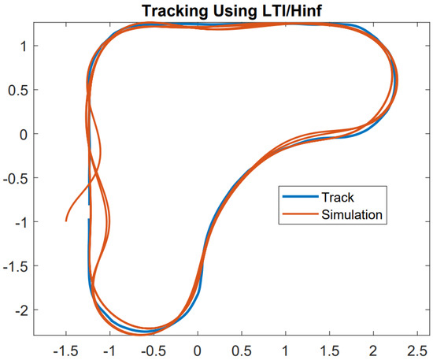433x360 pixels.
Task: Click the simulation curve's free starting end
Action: (x=66, y=221)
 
